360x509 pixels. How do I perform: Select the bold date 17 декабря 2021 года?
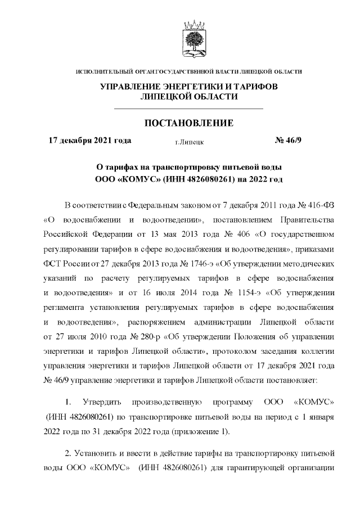tap(91, 141)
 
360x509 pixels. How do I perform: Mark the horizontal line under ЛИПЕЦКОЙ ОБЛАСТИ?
tap(189, 107)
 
